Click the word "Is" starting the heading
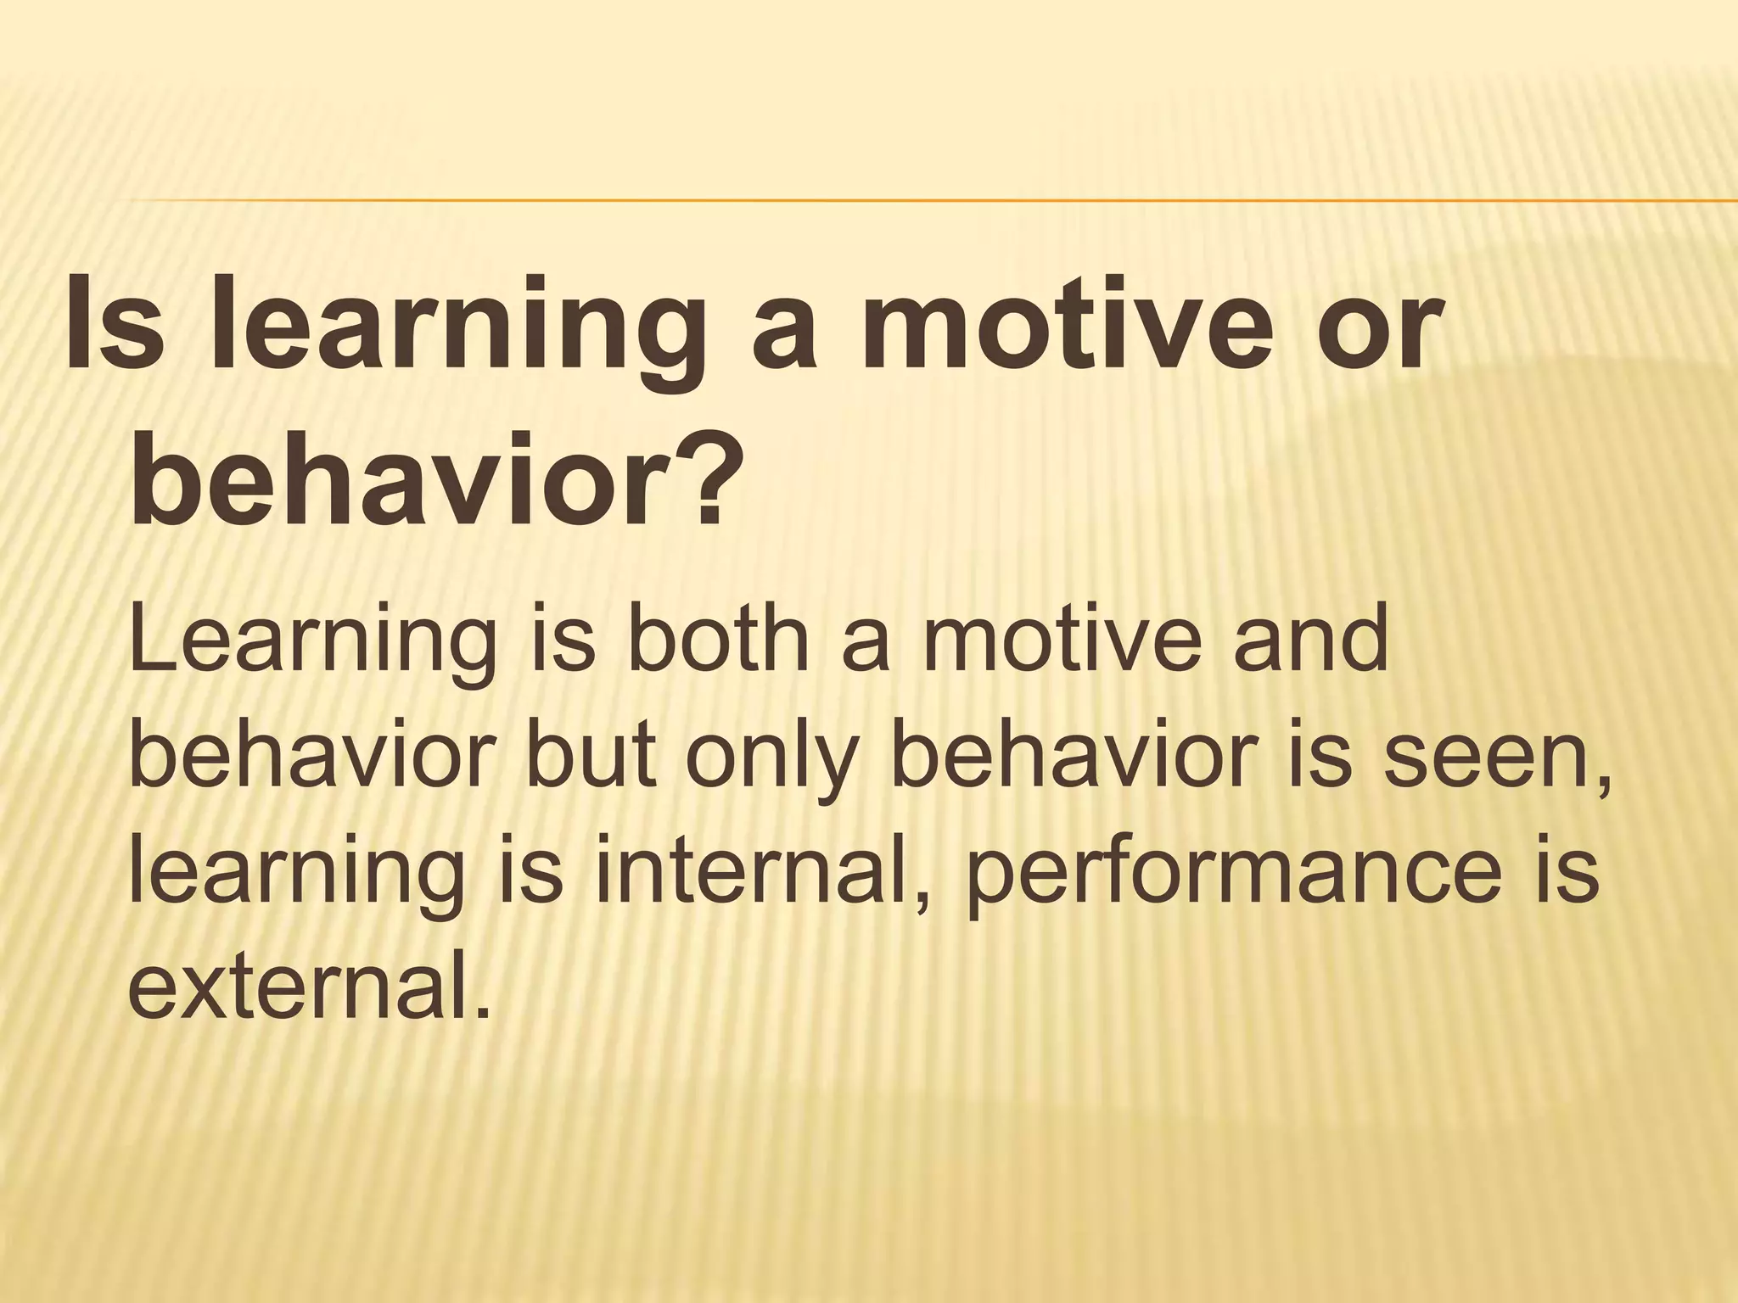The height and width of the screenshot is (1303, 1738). [111, 325]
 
